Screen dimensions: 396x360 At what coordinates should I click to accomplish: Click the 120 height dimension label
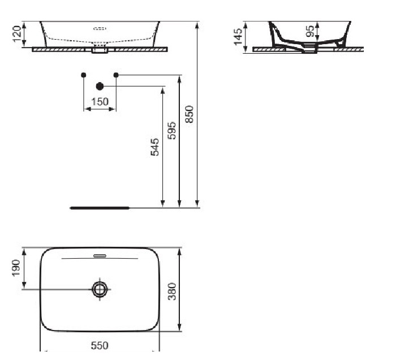(x=16, y=34)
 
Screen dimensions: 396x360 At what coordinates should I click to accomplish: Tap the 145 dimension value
(x=238, y=37)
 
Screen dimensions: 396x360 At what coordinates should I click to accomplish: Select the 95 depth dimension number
(x=310, y=31)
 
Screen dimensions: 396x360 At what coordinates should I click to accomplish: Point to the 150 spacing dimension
(x=100, y=102)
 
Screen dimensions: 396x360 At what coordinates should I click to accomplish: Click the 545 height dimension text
(x=155, y=147)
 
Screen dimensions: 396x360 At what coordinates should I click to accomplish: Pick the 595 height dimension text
(x=172, y=130)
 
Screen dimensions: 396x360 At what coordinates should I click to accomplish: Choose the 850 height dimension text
(x=189, y=114)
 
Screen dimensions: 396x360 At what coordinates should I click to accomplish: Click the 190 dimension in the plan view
(x=16, y=268)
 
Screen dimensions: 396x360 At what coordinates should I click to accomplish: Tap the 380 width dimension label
(x=172, y=292)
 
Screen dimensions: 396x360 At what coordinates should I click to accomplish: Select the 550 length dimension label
(x=100, y=346)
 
